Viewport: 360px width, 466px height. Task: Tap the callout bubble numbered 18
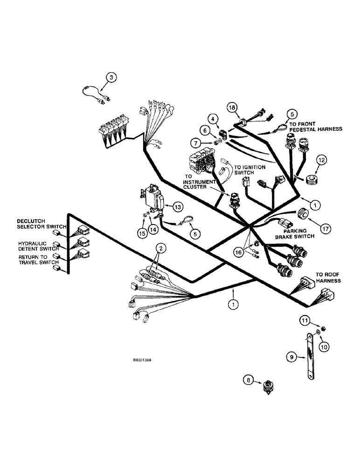point(232,108)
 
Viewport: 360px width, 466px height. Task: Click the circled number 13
point(166,206)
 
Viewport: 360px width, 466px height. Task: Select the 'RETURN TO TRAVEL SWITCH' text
point(37,260)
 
